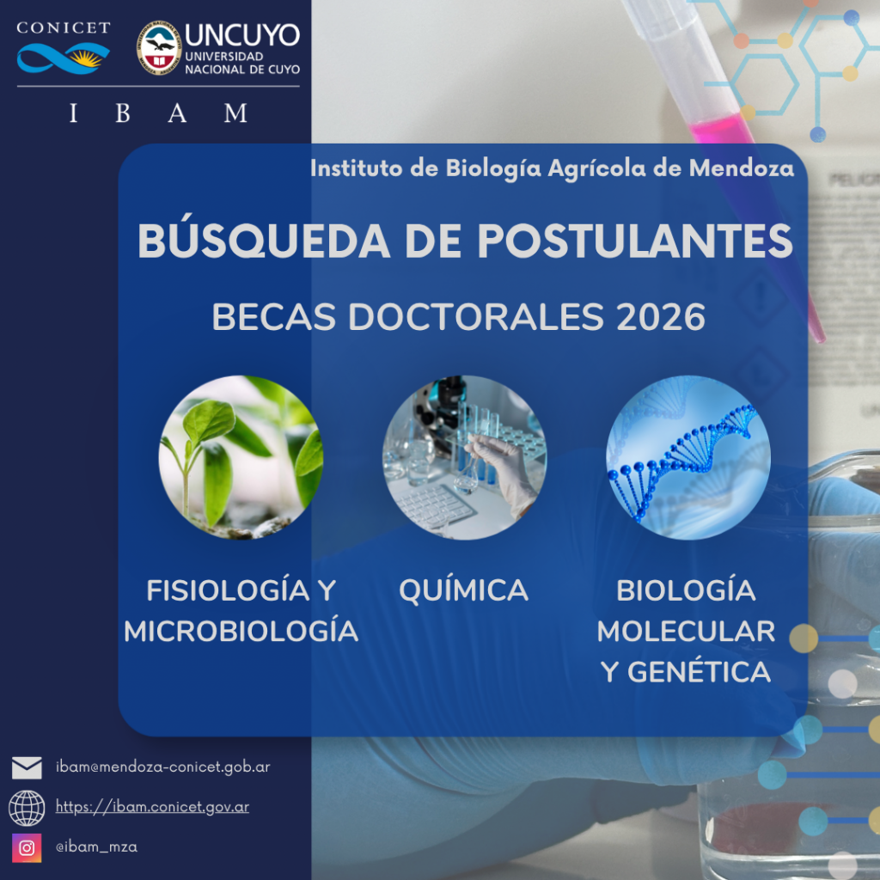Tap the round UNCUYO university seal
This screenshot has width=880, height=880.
coord(159,48)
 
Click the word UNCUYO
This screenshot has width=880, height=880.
coord(241,35)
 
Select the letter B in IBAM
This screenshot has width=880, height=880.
coord(123,113)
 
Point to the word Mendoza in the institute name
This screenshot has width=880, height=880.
coord(742,168)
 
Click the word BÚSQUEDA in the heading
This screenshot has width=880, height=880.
coord(264,241)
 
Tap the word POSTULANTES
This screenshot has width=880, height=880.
coord(635,241)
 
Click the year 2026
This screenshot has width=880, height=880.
coord(661,317)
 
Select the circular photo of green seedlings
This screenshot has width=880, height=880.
coord(241,457)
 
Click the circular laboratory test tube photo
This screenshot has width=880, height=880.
coord(464,457)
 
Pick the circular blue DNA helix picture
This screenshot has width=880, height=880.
coord(688,457)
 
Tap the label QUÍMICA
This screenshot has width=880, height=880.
coord(463,590)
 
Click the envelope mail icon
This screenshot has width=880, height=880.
coord(27,767)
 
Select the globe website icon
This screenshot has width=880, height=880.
coord(27,808)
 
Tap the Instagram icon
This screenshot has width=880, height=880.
coord(27,847)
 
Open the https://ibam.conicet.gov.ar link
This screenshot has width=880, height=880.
coord(152,807)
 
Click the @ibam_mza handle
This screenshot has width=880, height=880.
coord(96,846)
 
